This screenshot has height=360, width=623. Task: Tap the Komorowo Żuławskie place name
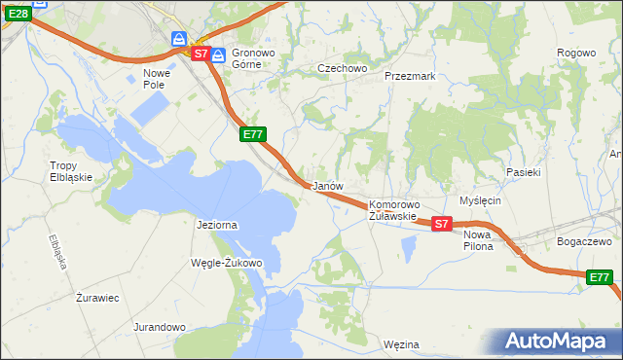pos(393,210)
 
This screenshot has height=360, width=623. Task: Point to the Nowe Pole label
pos(157,79)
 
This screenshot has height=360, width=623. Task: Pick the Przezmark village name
pos(409,75)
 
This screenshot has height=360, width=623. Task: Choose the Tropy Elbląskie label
pos(70,171)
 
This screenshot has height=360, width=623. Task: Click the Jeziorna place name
pos(217,225)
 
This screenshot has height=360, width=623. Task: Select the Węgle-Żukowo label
pos(229,263)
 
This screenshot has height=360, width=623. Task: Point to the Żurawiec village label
pos(97,298)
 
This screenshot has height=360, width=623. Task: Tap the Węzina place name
pos(401,344)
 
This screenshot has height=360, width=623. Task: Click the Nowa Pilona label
pos(478,240)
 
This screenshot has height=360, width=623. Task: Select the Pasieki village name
pos(523,171)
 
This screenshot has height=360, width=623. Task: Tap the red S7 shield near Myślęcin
pos(441,224)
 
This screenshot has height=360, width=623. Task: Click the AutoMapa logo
pos(558,341)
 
